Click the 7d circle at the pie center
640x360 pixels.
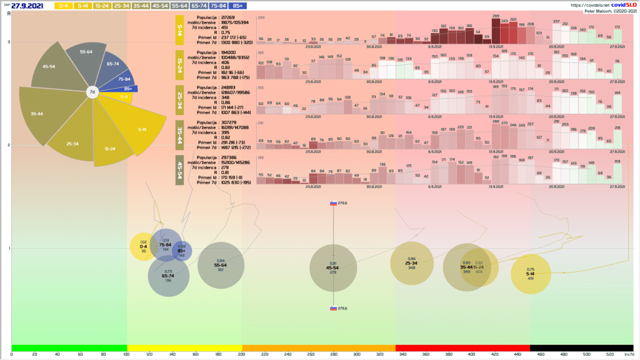click(92, 92)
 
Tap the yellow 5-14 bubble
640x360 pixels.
click(530, 274)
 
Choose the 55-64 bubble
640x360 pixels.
click(220, 266)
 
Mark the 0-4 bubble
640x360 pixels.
click(144, 246)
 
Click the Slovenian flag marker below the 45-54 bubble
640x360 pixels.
click(334, 308)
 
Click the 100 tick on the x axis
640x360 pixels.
click(127, 354)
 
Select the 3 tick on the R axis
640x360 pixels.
click(9, 42)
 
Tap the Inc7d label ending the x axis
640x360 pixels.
click(628, 354)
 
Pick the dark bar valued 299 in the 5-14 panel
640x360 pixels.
click(496, 30)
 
